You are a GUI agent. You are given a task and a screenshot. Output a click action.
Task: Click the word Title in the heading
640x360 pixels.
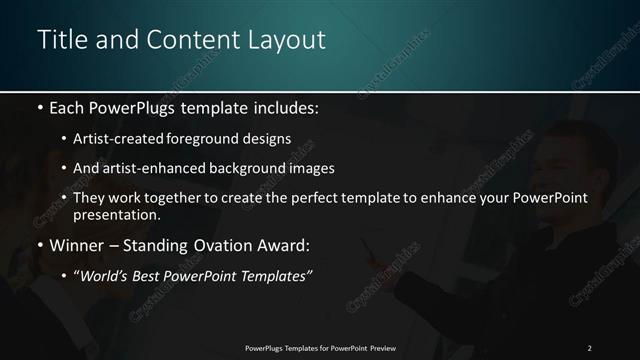coord(61,40)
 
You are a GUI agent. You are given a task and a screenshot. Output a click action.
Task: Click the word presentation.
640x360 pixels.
coord(117,215)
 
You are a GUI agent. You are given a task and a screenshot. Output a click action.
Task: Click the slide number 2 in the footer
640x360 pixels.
coord(589,347)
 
